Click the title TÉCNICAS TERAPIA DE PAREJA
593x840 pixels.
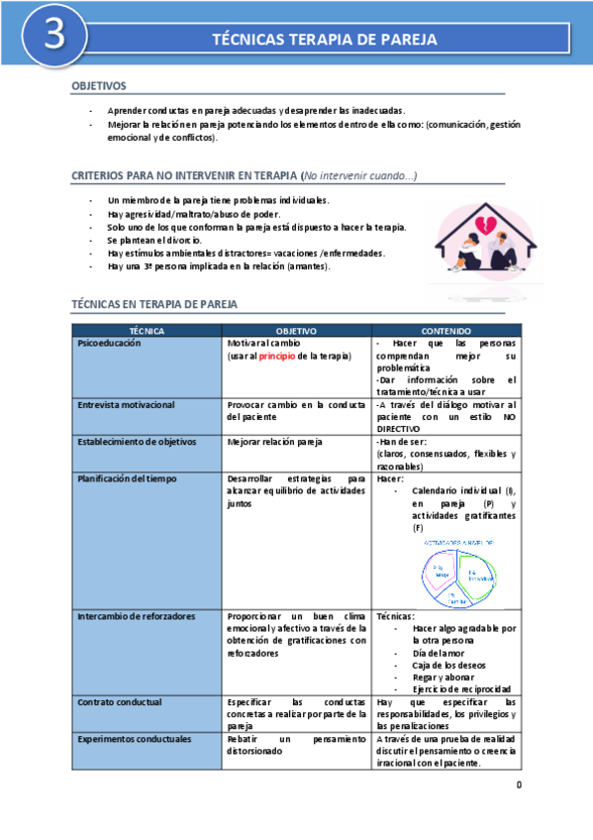point(326,39)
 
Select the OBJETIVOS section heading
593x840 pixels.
point(99,87)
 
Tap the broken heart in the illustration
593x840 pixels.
point(485,222)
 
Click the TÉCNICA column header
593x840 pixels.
point(147,330)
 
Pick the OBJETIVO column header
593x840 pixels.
point(295,330)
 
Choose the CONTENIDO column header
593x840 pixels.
point(445,330)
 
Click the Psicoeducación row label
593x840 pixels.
point(109,343)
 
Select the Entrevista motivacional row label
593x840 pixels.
point(126,405)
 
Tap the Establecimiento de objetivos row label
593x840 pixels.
point(137,442)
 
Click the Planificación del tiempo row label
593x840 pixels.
point(129,478)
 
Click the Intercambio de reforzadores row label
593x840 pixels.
point(135,616)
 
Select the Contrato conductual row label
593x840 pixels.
point(119,701)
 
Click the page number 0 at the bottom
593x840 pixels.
point(518,786)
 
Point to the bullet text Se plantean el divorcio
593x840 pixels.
point(154,240)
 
